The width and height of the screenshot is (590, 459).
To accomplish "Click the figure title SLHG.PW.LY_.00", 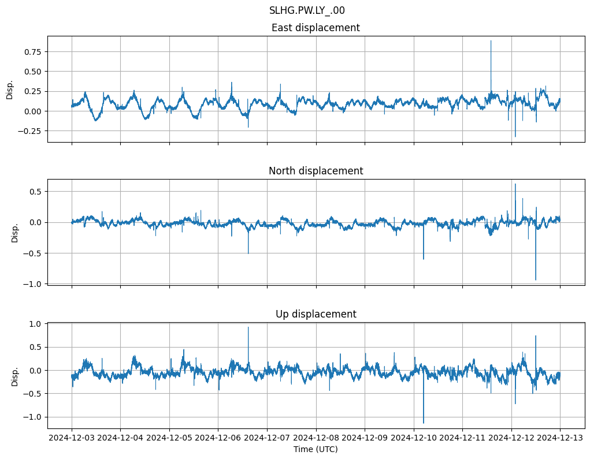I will pos(307,10).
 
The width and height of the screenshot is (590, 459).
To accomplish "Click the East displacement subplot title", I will pos(316,28).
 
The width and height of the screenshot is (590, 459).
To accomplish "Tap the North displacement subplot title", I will pos(316,171).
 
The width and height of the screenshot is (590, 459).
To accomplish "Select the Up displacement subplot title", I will pos(316,314).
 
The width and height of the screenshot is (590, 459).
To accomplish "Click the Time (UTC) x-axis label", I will pos(316,449).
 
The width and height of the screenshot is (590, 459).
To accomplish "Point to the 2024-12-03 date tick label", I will pos(72,438).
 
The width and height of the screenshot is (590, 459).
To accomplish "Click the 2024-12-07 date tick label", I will pos(267,438).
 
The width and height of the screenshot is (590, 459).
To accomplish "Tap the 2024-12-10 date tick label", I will pos(414,438).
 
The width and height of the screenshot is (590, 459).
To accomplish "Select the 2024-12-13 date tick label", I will pos(560,438).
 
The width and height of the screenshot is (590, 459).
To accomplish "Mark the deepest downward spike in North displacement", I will pos(536,279).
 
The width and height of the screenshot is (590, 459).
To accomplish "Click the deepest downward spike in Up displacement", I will pos(424,423).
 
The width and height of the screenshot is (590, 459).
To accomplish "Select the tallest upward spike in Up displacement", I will pos(248,328).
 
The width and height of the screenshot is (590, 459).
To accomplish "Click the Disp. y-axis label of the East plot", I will pos(9,89).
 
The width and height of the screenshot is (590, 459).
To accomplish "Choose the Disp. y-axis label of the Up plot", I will pos(15,375).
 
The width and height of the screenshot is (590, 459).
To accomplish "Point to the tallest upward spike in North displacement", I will pos(515,185).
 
